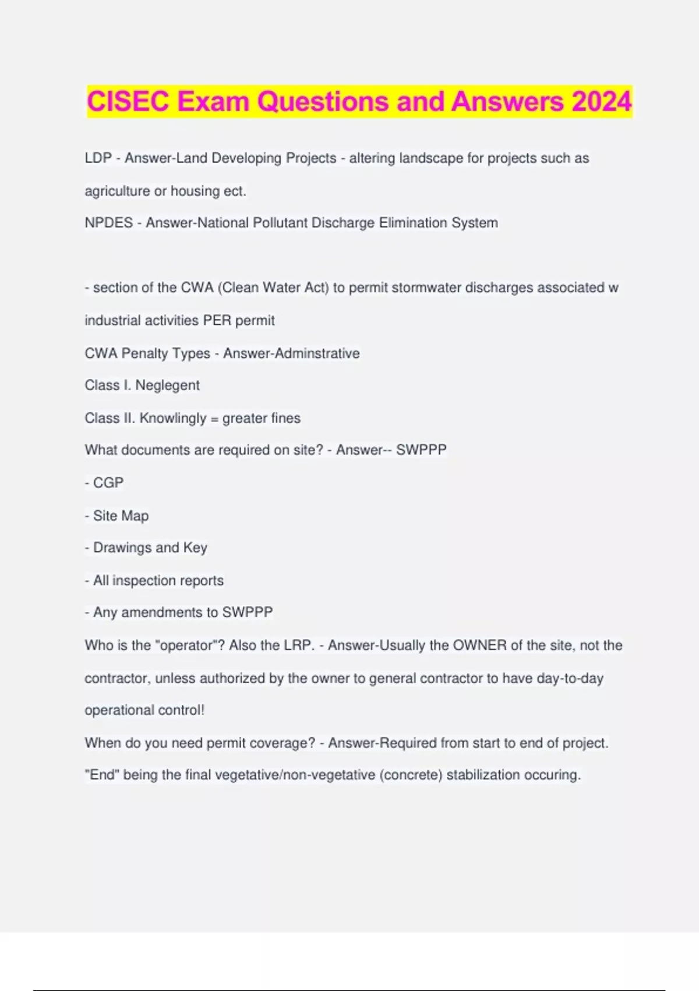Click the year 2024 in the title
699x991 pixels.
pos(601,101)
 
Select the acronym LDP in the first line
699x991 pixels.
pos(98,158)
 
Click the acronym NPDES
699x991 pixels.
pos(109,223)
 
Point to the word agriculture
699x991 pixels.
pos(117,191)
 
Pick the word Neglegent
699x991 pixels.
pos(167,385)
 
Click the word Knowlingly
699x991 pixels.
pos(172,418)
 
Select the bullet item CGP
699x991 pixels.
pos(108,483)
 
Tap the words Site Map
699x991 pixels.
pos(121,515)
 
